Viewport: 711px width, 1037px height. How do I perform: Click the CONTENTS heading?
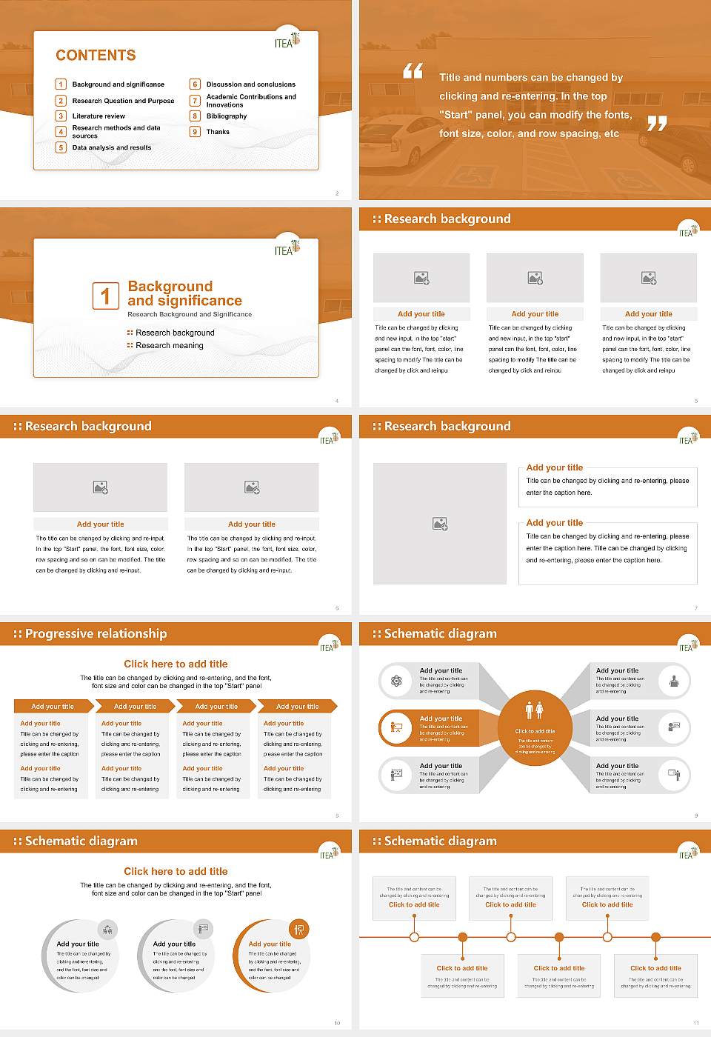click(96, 56)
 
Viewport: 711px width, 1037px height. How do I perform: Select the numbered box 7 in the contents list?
click(196, 101)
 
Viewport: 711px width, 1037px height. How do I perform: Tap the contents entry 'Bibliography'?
click(227, 116)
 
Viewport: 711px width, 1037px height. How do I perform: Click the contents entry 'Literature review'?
click(99, 116)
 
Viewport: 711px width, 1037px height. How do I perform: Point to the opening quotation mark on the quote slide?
click(413, 71)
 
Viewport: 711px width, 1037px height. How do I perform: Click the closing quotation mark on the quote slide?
click(657, 124)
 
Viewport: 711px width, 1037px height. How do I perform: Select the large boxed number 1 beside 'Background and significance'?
click(105, 296)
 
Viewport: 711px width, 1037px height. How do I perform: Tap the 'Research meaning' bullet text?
click(169, 346)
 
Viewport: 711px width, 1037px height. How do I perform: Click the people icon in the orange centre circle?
click(535, 710)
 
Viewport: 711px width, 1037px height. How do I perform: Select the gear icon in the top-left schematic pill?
click(396, 681)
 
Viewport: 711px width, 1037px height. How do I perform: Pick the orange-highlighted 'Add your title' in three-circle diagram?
click(270, 944)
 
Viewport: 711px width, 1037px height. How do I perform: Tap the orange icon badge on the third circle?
click(299, 929)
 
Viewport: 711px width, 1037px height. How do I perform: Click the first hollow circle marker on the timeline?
click(414, 937)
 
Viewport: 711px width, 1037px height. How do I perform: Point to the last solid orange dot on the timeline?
click(655, 937)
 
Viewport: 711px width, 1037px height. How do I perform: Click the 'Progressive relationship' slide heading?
click(96, 634)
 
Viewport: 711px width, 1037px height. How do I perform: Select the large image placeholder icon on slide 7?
click(440, 524)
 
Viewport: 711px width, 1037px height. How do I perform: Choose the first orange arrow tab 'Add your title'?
click(53, 707)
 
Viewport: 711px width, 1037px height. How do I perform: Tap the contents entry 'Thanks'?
click(218, 132)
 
